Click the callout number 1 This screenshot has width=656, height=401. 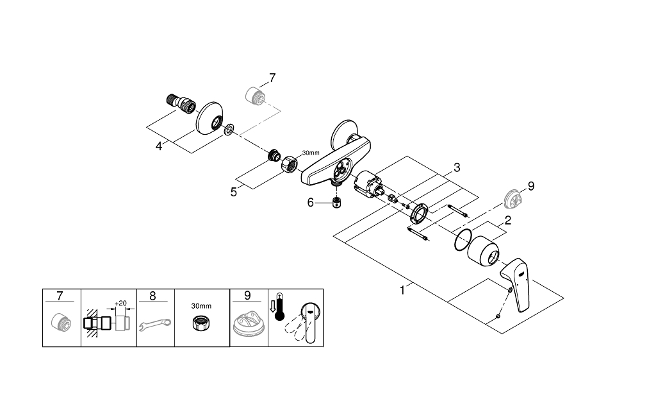[x=402, y=290]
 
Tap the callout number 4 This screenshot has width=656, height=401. [x=159, y=146]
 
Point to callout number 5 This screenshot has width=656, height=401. [x=234, y=191]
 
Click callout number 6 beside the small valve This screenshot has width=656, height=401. [x=310, y=202]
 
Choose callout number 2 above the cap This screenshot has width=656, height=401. [x=507, y=220]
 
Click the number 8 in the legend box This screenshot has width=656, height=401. [x=152, y=296]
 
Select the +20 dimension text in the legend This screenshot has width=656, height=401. [x=120, y=303]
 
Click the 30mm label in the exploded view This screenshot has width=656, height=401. [x=310, y=153]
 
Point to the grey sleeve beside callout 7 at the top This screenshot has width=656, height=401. [x=255, y=95]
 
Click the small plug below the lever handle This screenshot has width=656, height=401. [x=498, y=316]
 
